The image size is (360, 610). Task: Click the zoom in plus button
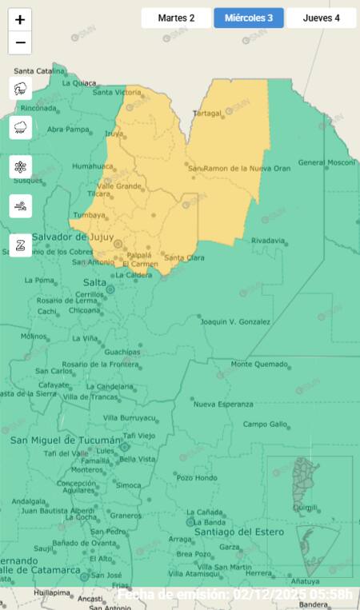click(x=20, y=20)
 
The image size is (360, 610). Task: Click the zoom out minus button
click(x=20, y=42)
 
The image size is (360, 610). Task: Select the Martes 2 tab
click(x=176, y=18)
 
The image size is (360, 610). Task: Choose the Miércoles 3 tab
click(x=249, y=18)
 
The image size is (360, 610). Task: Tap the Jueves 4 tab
click(x=321, y=18)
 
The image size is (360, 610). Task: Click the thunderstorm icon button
click(x=21, y=89)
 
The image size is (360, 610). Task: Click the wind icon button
click(x=21, y=206)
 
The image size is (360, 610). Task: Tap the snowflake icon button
click(x=21, y=167)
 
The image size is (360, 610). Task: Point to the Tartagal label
click(x=207, y=114)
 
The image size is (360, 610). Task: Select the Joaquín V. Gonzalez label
click(x=235, y=321)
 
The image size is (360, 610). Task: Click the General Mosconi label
click(x=326, y=162)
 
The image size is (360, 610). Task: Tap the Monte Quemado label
click(x=259, y=365)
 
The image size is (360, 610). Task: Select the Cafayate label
click(x=54, y=385)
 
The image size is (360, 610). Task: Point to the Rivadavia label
click(x=268, y=241)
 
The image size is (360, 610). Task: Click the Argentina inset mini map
click(x=309, y=516)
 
